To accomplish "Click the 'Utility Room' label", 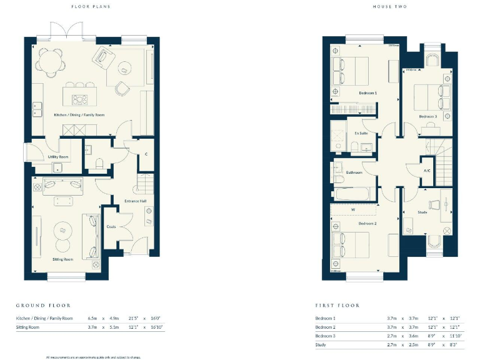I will tap(57, 157).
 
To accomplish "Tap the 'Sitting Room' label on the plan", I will tap(63, 258).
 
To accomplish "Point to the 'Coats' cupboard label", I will tap(111, 226).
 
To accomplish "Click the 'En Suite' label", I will tap(361, 133).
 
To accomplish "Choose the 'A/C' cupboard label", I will tap(427, 171).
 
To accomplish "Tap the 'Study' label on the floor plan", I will tap(422, 212).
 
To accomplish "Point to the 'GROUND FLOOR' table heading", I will tap(43, 306).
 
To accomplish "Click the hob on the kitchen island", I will tap(80, 98).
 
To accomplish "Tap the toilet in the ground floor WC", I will tap(99, 164).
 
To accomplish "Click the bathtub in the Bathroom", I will tap(353, 194).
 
